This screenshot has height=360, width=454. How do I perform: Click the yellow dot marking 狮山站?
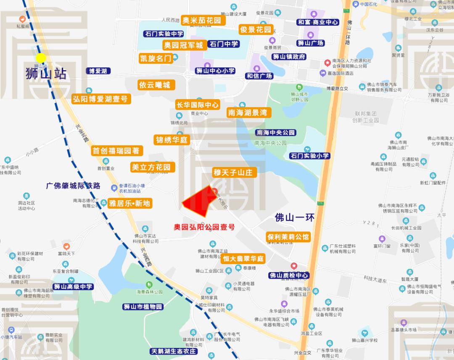coord(41,58)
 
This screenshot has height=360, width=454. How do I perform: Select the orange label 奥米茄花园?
coord(203,20)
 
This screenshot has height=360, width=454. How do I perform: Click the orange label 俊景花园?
coord(256,30)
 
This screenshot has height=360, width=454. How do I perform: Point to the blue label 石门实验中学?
coord(164,34)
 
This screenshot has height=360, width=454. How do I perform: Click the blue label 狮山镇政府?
coord(289,57)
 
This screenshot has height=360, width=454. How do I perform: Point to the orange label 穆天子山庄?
coord(232,172)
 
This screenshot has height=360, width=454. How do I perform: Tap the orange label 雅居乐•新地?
coord(129,204)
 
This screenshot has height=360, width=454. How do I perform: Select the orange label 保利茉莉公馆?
coord(288,237)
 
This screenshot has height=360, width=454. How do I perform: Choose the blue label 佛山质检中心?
coord(289,275)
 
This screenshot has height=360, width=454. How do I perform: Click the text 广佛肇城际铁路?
coord(74,185)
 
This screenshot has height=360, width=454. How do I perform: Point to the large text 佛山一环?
coord(294,218)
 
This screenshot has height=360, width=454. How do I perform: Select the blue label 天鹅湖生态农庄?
coord(173,351)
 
